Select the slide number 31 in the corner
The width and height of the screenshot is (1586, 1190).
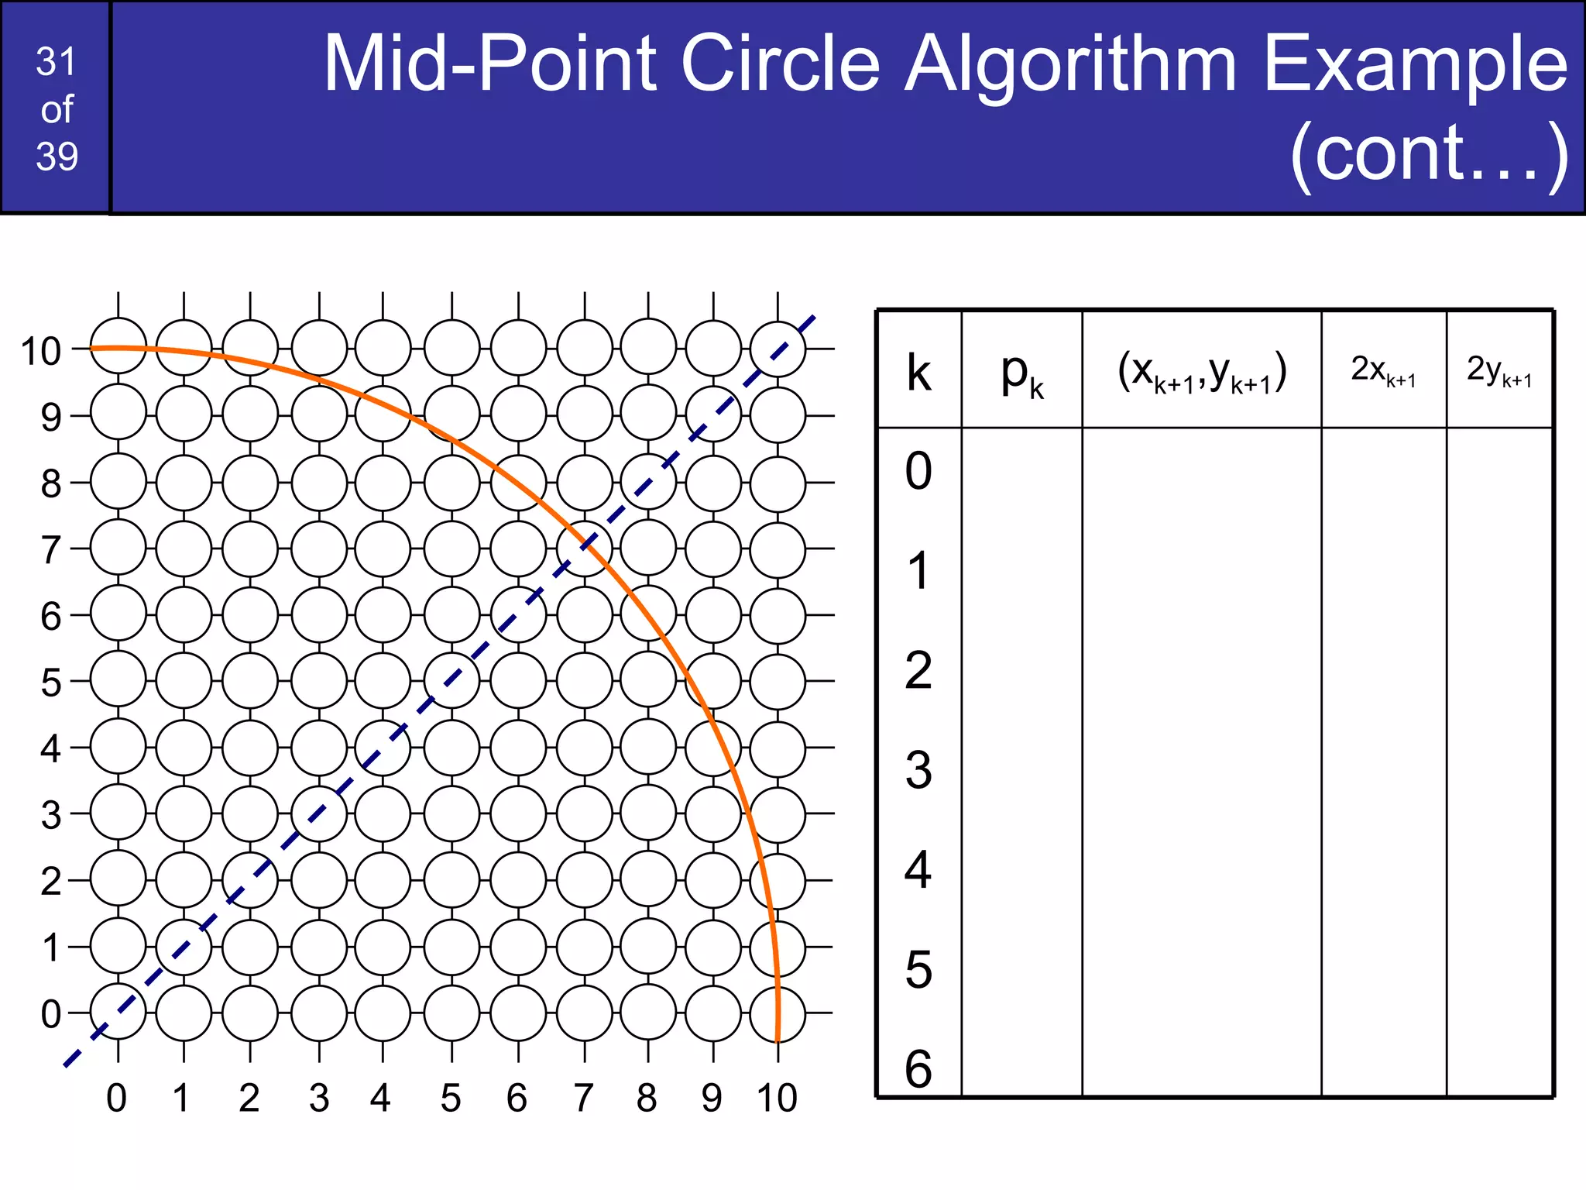coord(56,62)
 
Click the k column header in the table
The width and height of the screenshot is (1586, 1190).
coord(918,372)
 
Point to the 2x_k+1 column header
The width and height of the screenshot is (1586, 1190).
coord(1383,370)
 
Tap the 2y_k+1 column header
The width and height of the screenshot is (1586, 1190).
coord(1499,370)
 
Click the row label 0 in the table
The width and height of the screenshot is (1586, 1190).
coord(918,470)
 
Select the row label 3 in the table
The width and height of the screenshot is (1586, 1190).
coord(918,770)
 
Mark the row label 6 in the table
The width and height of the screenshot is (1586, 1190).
coord(918,1069)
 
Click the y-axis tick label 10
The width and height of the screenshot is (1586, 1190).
coord(40,352)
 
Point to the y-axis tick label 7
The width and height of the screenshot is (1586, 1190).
coord(50,550)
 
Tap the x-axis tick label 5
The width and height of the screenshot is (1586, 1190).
coord(451,1098)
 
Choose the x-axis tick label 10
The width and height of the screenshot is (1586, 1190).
coord(777,1098)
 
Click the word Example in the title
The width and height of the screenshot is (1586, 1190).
coord(1415,65)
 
